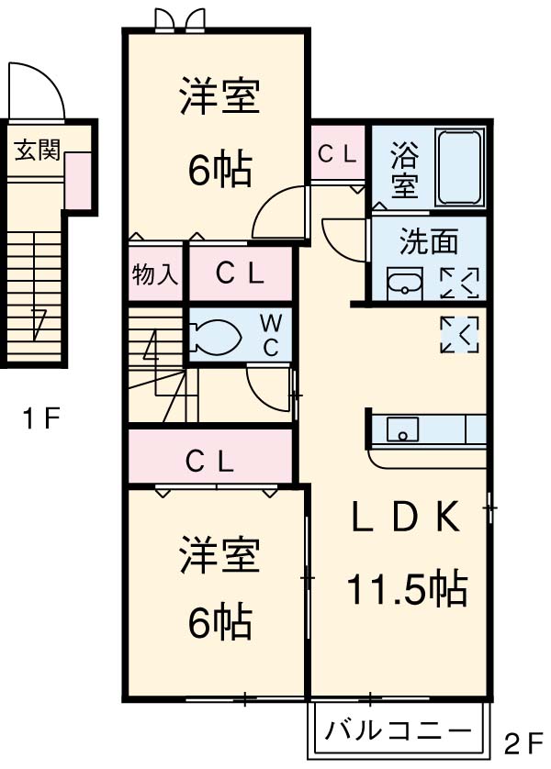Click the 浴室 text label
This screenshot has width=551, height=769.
404,169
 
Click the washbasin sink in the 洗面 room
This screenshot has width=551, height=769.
402,283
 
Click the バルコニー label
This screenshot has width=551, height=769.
399,731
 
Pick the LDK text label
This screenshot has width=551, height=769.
405,519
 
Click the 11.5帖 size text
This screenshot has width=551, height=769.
406,587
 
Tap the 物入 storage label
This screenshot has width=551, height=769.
155,273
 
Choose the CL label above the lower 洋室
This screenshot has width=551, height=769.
209,460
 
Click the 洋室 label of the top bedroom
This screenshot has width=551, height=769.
219,99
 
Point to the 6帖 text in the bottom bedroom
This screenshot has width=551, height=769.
219,624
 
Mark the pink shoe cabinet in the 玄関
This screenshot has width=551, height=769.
77,178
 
